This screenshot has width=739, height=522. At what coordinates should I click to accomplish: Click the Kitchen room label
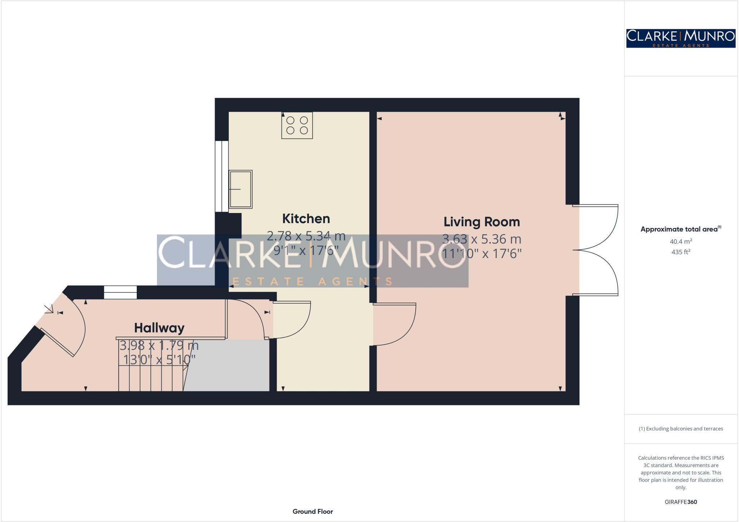coord(306,219)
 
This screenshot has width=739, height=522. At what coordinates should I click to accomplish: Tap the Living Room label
coord(481,222)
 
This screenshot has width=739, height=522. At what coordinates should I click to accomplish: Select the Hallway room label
coord(159,328)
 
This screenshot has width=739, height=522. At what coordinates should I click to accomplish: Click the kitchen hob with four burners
coord(297,125)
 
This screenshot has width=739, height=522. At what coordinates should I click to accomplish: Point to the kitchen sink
coord(240,189)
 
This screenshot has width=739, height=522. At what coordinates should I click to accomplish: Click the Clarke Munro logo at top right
coord(681,38)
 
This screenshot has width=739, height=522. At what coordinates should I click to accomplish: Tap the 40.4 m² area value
coord(681,241)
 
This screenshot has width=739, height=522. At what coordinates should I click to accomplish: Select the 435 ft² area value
coord(681,252)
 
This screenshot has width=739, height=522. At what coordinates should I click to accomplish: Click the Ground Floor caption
coord(312,511)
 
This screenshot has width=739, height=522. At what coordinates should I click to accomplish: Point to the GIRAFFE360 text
coord(681,502)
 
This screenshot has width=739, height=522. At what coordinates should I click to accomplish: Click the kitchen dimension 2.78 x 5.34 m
coord(306,236)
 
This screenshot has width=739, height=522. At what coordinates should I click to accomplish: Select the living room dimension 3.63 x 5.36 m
coord(481,239)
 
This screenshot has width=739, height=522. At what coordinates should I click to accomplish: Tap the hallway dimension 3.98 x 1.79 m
coord(159,345)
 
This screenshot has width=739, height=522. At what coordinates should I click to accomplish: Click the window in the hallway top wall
coord(121,292)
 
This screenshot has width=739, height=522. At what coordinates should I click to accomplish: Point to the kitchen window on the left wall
coord(222,176)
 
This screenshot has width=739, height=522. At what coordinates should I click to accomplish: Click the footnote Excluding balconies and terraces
coord(681,429)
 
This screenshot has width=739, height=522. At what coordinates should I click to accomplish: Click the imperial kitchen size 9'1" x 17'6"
coord(306,250)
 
